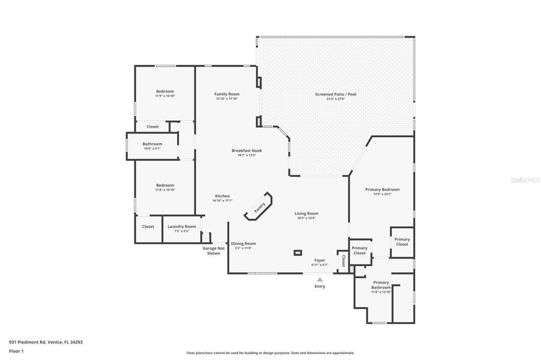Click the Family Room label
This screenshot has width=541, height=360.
pos(227,94)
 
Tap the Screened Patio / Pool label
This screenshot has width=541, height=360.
pos(335,94)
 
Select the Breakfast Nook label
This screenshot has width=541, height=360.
pos(247,151)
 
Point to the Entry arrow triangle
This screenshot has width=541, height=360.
pos(320,279)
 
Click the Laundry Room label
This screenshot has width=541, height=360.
pos(182,226)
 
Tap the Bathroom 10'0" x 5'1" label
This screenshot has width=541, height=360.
pos(152,144)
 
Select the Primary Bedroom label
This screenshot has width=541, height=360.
pos(383,190)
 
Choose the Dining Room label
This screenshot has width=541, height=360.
pos(243,244)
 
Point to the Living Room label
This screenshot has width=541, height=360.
pos(306,214)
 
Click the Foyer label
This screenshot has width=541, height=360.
pos(320,261)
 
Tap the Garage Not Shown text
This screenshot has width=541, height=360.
pos(213,251)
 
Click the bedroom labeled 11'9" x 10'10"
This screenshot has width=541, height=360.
pos(165,92)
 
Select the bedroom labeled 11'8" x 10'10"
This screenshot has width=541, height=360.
pos(165,186)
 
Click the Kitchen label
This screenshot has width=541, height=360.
pos(222,196)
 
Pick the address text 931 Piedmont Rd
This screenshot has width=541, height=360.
pos(45,342)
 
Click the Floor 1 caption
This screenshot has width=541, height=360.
pos(16,351)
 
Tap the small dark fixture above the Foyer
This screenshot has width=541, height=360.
pos(298,252)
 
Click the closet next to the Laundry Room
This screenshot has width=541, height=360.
pos(148,226)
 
